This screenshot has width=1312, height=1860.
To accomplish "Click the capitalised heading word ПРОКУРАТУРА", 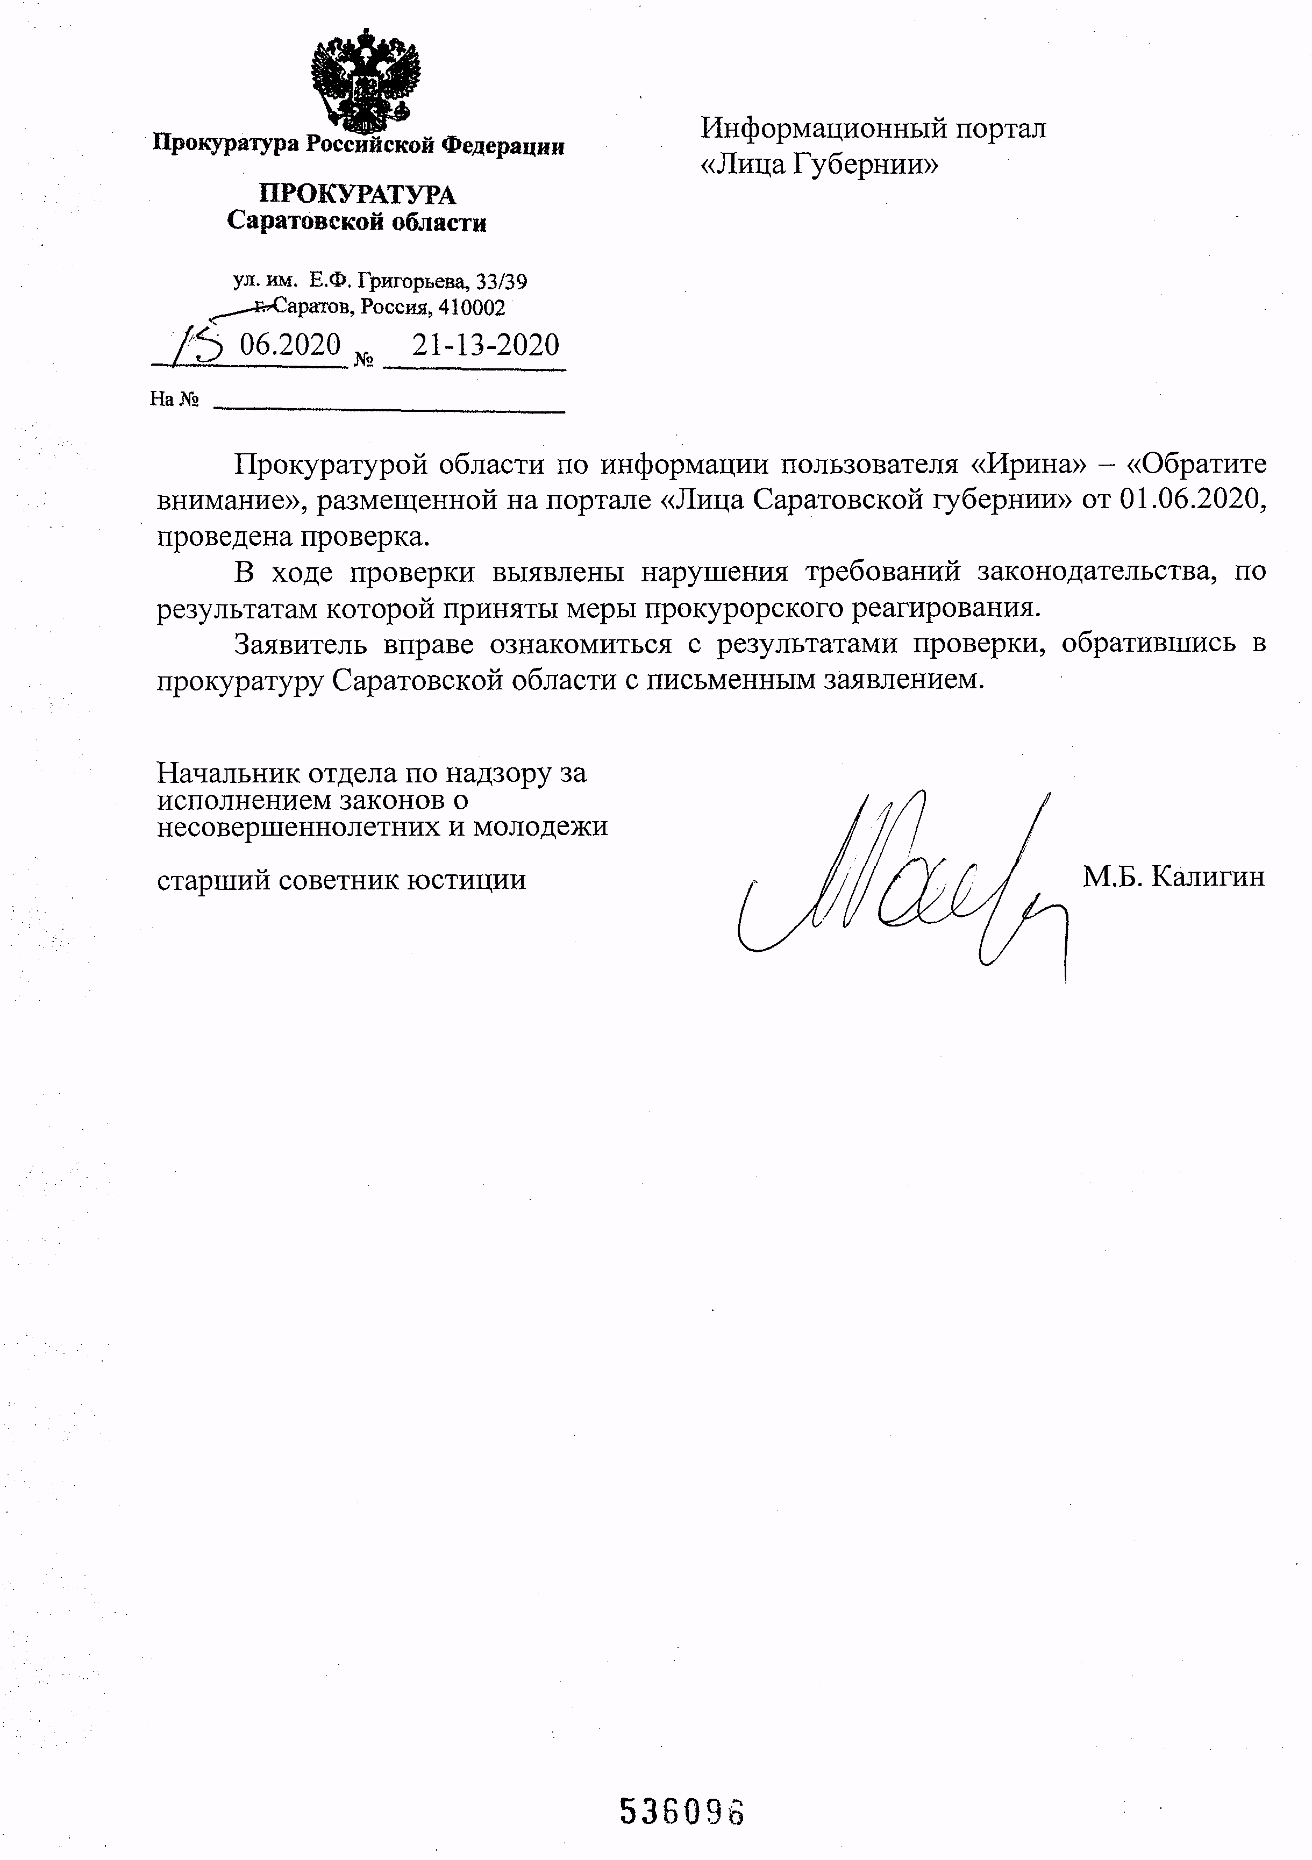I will click(x=357, y=195).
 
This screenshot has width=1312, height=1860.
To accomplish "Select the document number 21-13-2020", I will click(x=485, y=346).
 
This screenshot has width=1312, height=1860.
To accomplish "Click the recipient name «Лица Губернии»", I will click(x=819, y=165).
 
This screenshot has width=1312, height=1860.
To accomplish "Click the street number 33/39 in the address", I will click(x=502, y=281).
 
